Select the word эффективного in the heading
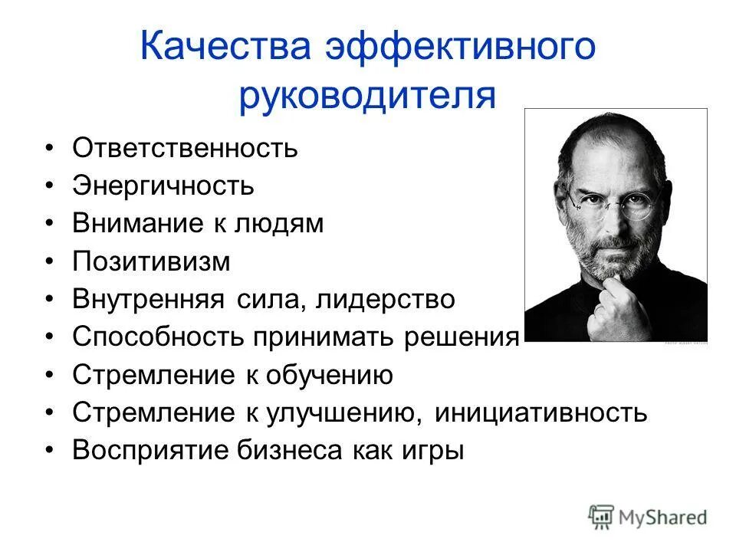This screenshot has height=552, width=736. click(459, 48)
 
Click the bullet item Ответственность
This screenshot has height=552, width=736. click(185, 147)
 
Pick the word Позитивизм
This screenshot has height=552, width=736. click(151, 261)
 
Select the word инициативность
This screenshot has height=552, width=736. click(541, 413)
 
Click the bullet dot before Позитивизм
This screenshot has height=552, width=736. click(50, 262)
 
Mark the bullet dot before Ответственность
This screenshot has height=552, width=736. click(50, 148)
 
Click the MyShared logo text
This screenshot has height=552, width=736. click(663, 517)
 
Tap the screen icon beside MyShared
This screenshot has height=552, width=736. click(603, 517)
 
